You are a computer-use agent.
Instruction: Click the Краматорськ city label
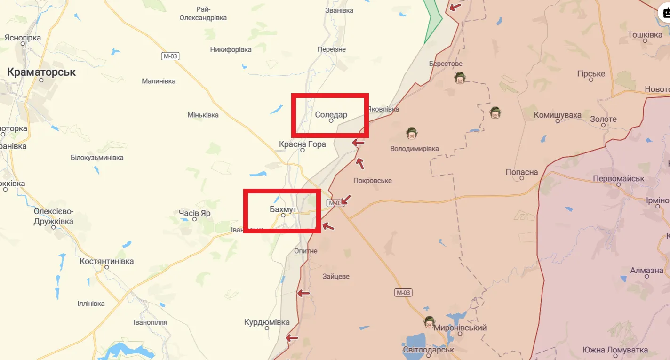[x=41, y=72]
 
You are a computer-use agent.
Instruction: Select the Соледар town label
[x=331, y=114]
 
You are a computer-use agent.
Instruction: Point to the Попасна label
[x=522, y=172]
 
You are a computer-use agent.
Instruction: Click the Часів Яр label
[x=194, y=213]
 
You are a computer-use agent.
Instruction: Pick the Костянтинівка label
[x=107, y=261]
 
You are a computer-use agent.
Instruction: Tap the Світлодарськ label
[x=428, y=350]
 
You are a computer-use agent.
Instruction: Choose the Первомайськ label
[x=618, y=179]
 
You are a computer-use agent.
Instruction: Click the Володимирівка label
[x=415, y=149]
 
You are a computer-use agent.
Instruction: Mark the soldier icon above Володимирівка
[x=412, y=134]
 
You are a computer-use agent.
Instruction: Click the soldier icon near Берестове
[x=460, y=78]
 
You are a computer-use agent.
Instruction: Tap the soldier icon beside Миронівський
[x=429, y=322]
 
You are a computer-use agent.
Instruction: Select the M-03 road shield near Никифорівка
[x=170, y=56]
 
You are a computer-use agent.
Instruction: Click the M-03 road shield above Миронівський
[x=403, y=293]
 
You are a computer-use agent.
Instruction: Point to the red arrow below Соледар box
[x=359, y=143]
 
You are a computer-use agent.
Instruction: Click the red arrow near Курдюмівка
[x=292, y=337]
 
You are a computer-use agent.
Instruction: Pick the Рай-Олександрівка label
[x=203, y=14]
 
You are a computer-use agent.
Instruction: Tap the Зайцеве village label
[x=336, y=276]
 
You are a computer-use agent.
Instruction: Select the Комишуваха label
[x=558, y=115]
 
